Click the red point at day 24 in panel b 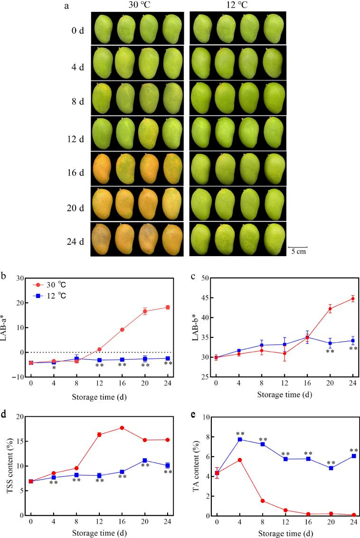(x=168, y=307)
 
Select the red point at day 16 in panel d (x=122, y=428)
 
